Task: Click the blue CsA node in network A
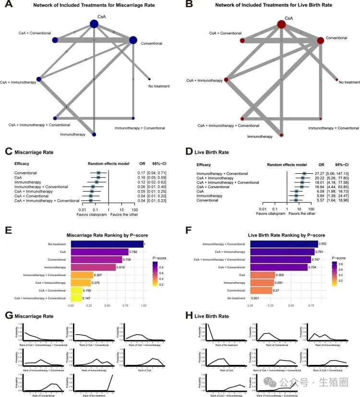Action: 94,24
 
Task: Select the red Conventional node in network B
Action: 320,40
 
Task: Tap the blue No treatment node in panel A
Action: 150,79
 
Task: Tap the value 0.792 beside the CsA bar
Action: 134,251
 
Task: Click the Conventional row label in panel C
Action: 25,173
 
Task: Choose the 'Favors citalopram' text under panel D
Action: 270,200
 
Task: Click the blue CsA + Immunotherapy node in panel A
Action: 39,79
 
